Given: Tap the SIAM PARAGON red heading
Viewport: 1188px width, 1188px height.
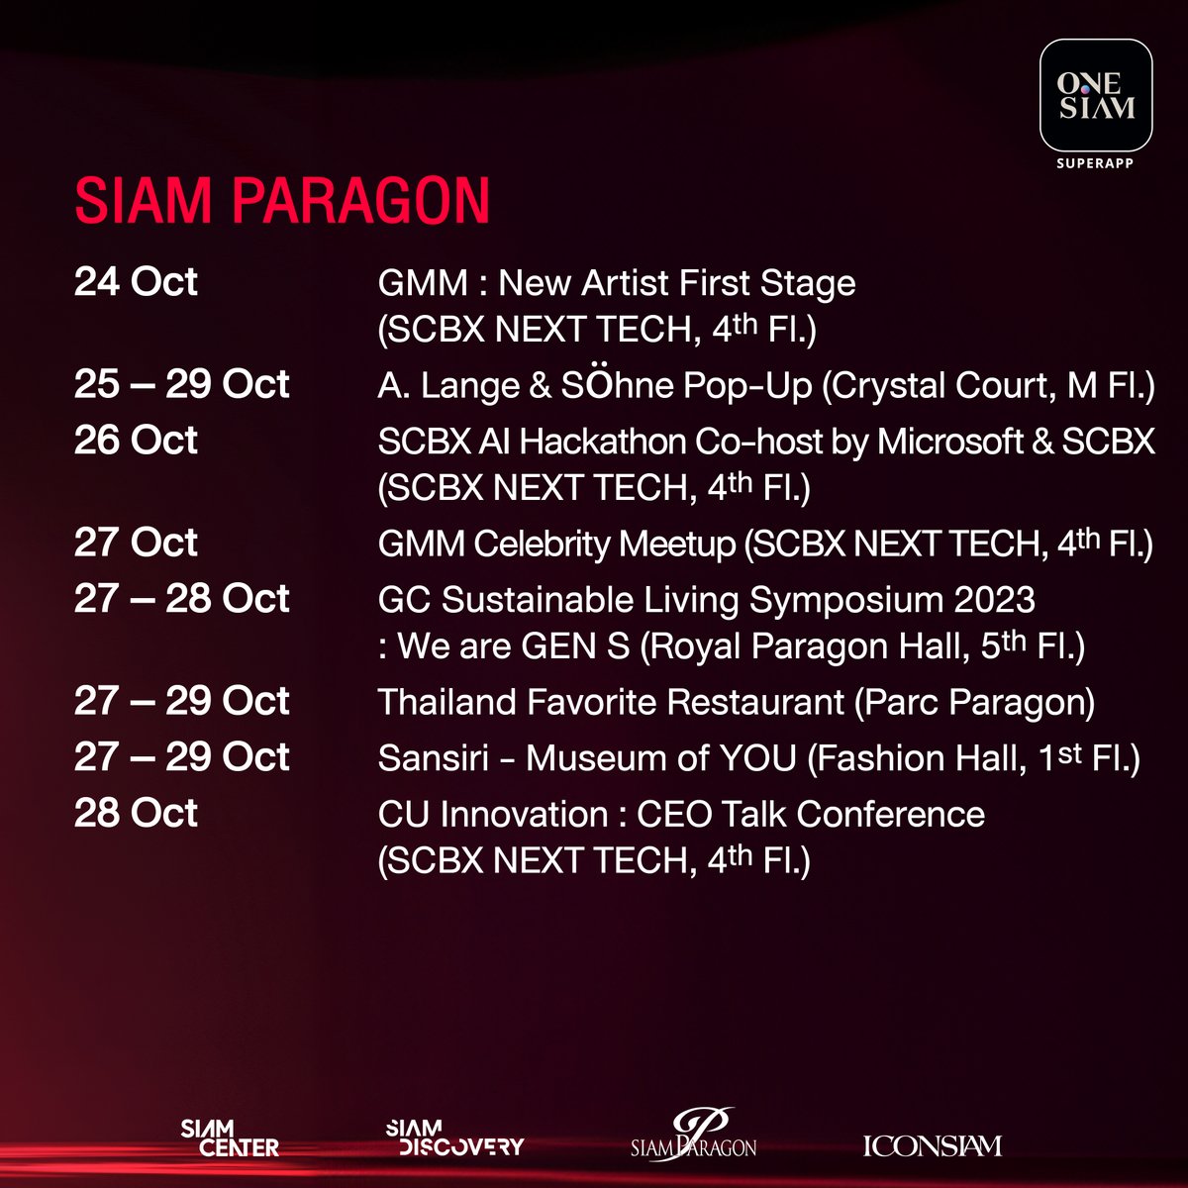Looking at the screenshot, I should (x=282, y=201).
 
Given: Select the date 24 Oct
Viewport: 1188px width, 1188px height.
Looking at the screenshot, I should (x=136, y=282).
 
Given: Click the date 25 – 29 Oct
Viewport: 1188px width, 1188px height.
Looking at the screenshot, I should (x=181, y=384).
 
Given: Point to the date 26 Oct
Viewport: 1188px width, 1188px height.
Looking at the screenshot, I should (x=136, y=440).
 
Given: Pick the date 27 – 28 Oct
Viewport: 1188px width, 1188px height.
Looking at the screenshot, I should (x=181, y=598).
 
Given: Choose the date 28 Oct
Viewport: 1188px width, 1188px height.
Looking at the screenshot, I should (x=136, y=813).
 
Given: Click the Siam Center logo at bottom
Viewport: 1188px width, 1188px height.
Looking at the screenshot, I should (x=230, y=1138).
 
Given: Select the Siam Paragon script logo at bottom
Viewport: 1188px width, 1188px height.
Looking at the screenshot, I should (x=694, y=1137).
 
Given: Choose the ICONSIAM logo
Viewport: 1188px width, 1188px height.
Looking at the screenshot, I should (x=933, y=1145).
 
